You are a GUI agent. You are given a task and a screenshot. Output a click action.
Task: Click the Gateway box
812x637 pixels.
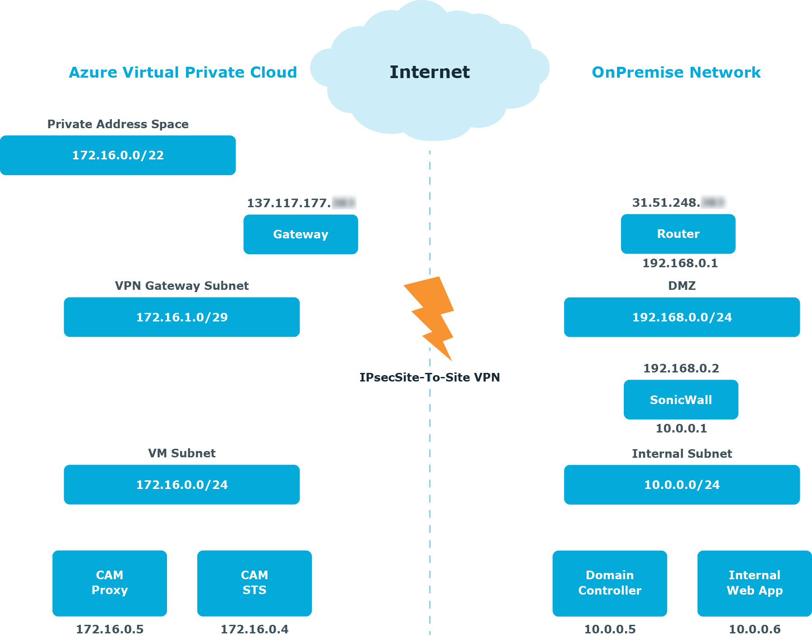pos(301,234)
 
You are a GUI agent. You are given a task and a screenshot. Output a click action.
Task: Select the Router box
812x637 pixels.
pos(678,234)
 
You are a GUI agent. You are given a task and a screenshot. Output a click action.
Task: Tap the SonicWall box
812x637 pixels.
pos(681,400)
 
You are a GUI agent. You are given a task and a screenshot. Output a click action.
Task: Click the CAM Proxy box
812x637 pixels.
pos(110,583)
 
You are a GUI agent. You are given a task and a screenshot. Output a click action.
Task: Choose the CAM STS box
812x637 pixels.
pos(255,583)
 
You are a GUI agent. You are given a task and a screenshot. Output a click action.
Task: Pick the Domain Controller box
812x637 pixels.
pos(610,583)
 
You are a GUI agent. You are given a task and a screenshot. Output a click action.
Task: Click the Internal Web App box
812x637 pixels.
pos(754,583)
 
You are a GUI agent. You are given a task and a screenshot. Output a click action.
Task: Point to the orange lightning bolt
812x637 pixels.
pos(431,316)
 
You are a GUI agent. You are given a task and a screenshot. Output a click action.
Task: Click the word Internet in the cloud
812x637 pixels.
pos(430,72)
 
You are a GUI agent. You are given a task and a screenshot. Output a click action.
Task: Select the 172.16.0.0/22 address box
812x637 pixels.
pos(118,155)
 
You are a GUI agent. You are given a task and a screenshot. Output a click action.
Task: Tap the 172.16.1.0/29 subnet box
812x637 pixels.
pos(182,317)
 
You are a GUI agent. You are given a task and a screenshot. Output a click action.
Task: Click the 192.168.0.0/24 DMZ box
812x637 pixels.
pos(682,317)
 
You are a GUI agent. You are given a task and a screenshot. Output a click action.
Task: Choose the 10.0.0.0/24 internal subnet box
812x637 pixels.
pos(682,484)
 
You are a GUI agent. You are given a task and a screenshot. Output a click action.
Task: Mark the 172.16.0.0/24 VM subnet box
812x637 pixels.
pos(182,484)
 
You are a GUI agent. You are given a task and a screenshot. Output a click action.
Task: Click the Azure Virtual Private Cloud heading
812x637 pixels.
pos(183,72)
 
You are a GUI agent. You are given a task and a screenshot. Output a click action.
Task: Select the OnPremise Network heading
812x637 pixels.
pos(676,72)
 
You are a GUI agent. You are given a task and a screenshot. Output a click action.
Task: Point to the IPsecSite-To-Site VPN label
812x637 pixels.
pos(430,377)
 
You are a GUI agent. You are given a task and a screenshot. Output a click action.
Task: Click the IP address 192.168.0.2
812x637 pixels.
pos(681,368)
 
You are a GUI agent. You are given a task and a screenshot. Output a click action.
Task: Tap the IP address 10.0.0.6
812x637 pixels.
pos(755,629)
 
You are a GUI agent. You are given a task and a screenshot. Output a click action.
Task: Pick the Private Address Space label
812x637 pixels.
pos(118,124)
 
